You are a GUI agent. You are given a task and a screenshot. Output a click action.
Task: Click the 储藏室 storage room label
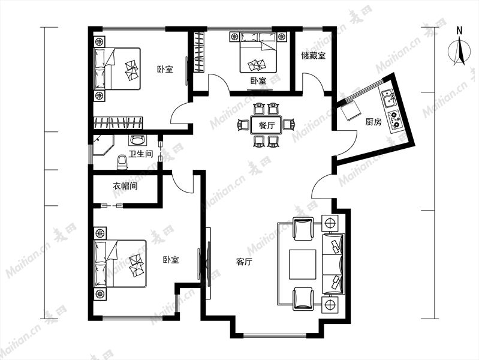(313, 56)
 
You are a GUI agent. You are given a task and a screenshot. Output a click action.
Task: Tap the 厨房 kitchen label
(373, 122)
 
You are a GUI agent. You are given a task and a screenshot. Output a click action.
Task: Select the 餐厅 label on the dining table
(267, 125)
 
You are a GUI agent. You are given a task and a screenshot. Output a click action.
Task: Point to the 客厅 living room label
(244, 262)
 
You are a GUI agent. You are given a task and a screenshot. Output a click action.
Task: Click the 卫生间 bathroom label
(140, 154)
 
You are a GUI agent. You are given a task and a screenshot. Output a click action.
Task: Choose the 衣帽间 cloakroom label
(125, 185)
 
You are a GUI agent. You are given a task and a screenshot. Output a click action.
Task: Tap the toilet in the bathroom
(122, 162)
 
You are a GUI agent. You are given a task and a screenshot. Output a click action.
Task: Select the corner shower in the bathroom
(103, 145)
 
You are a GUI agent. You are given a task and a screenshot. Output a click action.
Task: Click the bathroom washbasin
(137, 140)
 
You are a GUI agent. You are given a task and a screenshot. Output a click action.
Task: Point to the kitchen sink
(387, 97)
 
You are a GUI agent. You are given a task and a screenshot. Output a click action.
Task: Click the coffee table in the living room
(303, 265)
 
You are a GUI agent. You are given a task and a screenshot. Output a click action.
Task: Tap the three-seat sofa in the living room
(333, 264)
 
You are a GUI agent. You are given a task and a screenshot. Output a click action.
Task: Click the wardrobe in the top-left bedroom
(118, 122)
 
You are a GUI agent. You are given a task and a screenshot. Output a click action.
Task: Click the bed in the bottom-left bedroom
(120, 263)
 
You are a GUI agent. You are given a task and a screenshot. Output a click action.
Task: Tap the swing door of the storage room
(313, 82)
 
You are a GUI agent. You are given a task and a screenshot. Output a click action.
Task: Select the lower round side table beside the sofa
(330, 305)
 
